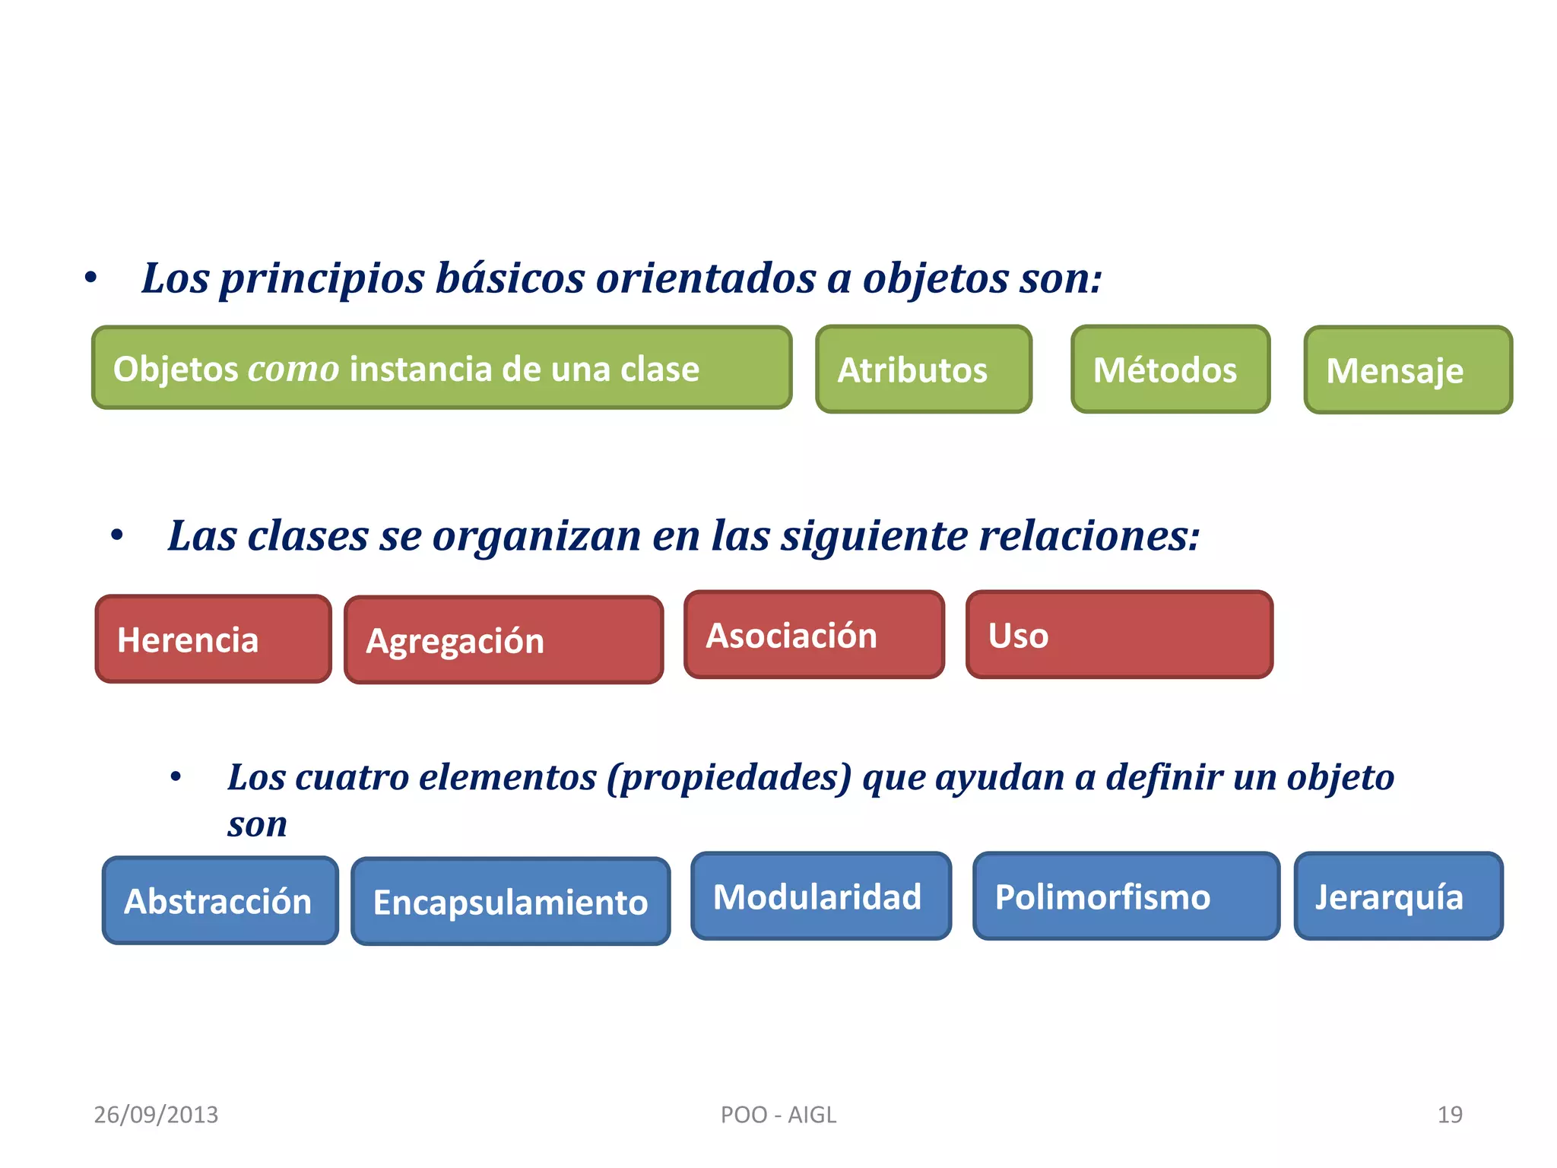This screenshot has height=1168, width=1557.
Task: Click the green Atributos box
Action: click(x=923, y=370)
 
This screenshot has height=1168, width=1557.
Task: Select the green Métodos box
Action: click(x=1170, y=370)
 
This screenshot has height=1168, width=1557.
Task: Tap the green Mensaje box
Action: click(x=1408, y=370)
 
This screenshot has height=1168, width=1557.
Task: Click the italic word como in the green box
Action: click(x=293, y=370)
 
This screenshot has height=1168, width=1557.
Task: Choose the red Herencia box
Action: click(x=213, y=640)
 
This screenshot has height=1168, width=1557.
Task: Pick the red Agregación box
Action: click(x=503, y=640)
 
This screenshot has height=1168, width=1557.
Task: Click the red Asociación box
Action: click(x=813, y=635)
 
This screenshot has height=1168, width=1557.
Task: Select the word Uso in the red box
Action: click(x=1018, y=636)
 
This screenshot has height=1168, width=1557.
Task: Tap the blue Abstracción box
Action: click(x=220, y=901)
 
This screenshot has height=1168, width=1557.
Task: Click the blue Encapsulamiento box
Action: click(x=510, y=902)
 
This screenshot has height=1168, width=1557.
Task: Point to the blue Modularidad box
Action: click(x=820, y=897)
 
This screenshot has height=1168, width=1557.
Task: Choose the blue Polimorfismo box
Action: click(x=1125, y=897)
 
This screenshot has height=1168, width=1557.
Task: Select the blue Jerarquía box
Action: click(x=1398, y=897)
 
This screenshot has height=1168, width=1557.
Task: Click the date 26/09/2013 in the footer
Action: click(x=156, y=1115)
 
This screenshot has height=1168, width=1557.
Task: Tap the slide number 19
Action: click(x=1449, y=1115)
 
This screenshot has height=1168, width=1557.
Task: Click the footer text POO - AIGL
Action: click(x=778, y=1115)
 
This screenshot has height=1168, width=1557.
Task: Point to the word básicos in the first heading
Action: click(x=509, y=278)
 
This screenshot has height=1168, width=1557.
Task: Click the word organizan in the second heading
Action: click(x=537, y=536)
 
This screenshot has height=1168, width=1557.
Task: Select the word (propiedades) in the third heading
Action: click(x=729, y=778)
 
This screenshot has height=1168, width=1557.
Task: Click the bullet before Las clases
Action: click(x=116, y=536)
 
